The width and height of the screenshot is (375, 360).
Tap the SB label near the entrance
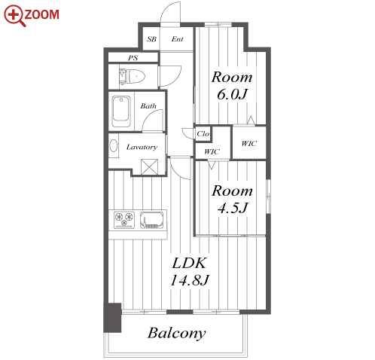[151, 39]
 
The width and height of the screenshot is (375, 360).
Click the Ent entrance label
[177, 39]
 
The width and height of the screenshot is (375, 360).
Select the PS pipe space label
[133, 58]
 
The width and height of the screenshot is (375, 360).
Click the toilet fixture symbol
[133, 76]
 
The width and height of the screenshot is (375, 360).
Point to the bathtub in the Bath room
[121, 111]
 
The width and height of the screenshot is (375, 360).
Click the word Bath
[148, 106]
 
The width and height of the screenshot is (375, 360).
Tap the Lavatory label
[142, 147]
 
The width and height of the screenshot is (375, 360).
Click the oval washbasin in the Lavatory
[114, 145]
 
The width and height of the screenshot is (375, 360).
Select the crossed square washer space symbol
[149, 167]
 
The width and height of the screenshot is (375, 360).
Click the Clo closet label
[203, 133]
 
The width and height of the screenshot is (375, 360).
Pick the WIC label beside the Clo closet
[212, 151]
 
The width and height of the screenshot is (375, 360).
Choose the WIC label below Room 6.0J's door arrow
[249, 143]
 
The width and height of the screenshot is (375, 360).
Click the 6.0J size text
[232, 94]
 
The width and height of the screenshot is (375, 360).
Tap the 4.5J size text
[233, 208]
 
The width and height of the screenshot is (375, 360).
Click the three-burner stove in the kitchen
[124, 220]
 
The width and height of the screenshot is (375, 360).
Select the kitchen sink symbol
[152, 220]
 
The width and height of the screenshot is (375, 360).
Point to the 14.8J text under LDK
[190, 280]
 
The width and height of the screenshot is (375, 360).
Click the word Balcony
[176, 334]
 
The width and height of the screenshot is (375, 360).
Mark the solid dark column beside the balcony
[112, 318]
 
